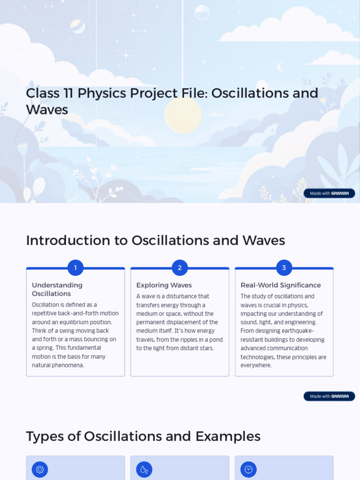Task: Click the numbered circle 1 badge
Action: [x=75, y=268]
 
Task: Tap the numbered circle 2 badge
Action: [x=180, y=268]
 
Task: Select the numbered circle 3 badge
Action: [x=284, y=268]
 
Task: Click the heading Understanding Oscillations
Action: [x=57, y=289]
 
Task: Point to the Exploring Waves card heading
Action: [x=164, y=285]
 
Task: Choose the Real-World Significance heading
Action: [x=281, y=285]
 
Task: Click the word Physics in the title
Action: [x=101, y=93]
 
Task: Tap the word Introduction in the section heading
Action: [x=67, y=240]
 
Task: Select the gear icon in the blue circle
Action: [x=40, y=469]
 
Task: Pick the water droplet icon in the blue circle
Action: [x=144, y=469]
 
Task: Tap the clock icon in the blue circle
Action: [x=248, y=469]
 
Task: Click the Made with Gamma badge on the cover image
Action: [x=329, y=193]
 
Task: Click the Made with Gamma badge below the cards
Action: [x=329, y=396]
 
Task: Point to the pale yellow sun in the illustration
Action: [x=183, y=115]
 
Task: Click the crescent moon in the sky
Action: [x=281, y=67]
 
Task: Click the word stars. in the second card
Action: [x=206, y=348]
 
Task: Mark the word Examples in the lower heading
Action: [x=228, y=436]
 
